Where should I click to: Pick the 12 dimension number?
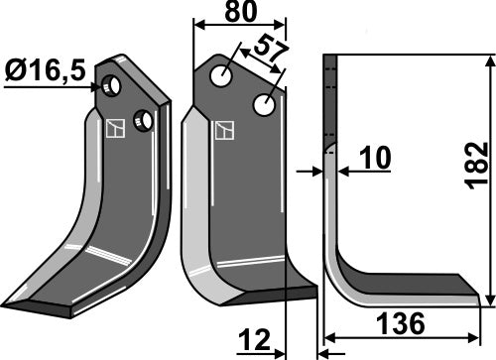point(254,341)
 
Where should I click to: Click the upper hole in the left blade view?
point(113,87)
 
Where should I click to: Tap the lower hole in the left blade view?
point(144,120)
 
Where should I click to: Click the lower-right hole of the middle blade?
point(265,103)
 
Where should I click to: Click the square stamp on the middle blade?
point(224,129)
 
